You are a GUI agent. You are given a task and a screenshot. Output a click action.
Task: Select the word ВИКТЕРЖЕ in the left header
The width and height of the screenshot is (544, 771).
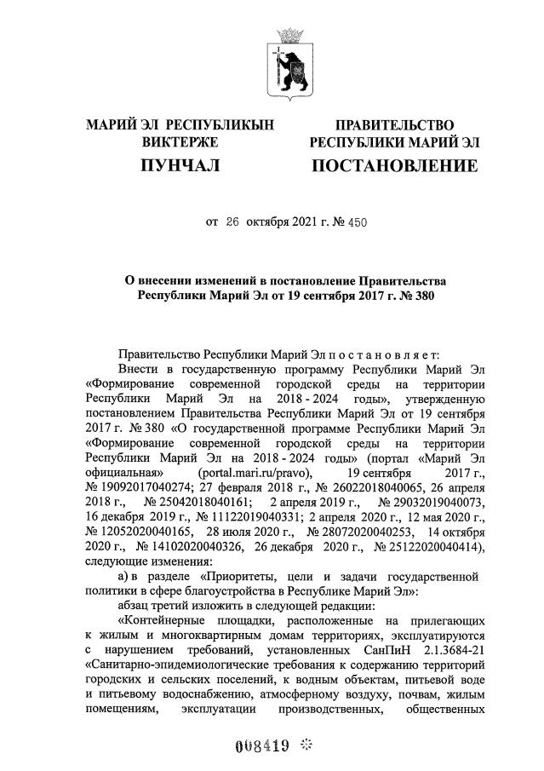[x=180, y=141]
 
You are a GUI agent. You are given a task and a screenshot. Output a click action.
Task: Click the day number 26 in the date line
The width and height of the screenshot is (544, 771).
[x=233, y=222]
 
